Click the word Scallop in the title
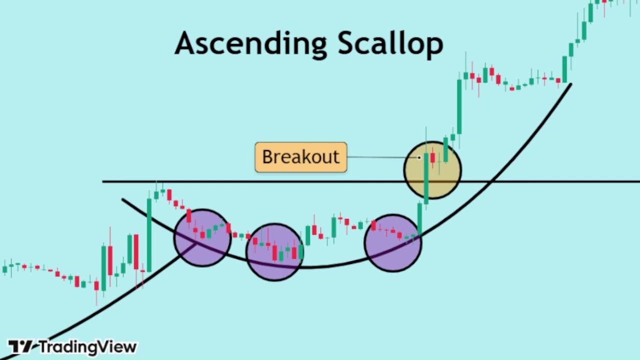(x=390, y=43)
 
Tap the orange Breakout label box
(x=300, y=157)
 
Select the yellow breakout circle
(x=432, y=170)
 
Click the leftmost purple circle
(x=202, y=238)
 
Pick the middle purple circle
(x=274, y=251)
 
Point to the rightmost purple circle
(x=393, y=243)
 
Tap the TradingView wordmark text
(x=88, y=346)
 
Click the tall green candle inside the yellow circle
(x=426, y=178)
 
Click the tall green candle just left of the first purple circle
(x=149, y=235)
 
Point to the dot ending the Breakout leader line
(x=420, y=157)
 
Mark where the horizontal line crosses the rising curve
(x=491, y=181)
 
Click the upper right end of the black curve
(x=570, y=84)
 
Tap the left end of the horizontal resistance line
(x=103, y=181)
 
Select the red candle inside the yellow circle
(x=432, y=157)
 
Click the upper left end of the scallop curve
(x=122, y=200)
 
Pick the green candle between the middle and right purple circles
(x=333, y=227)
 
